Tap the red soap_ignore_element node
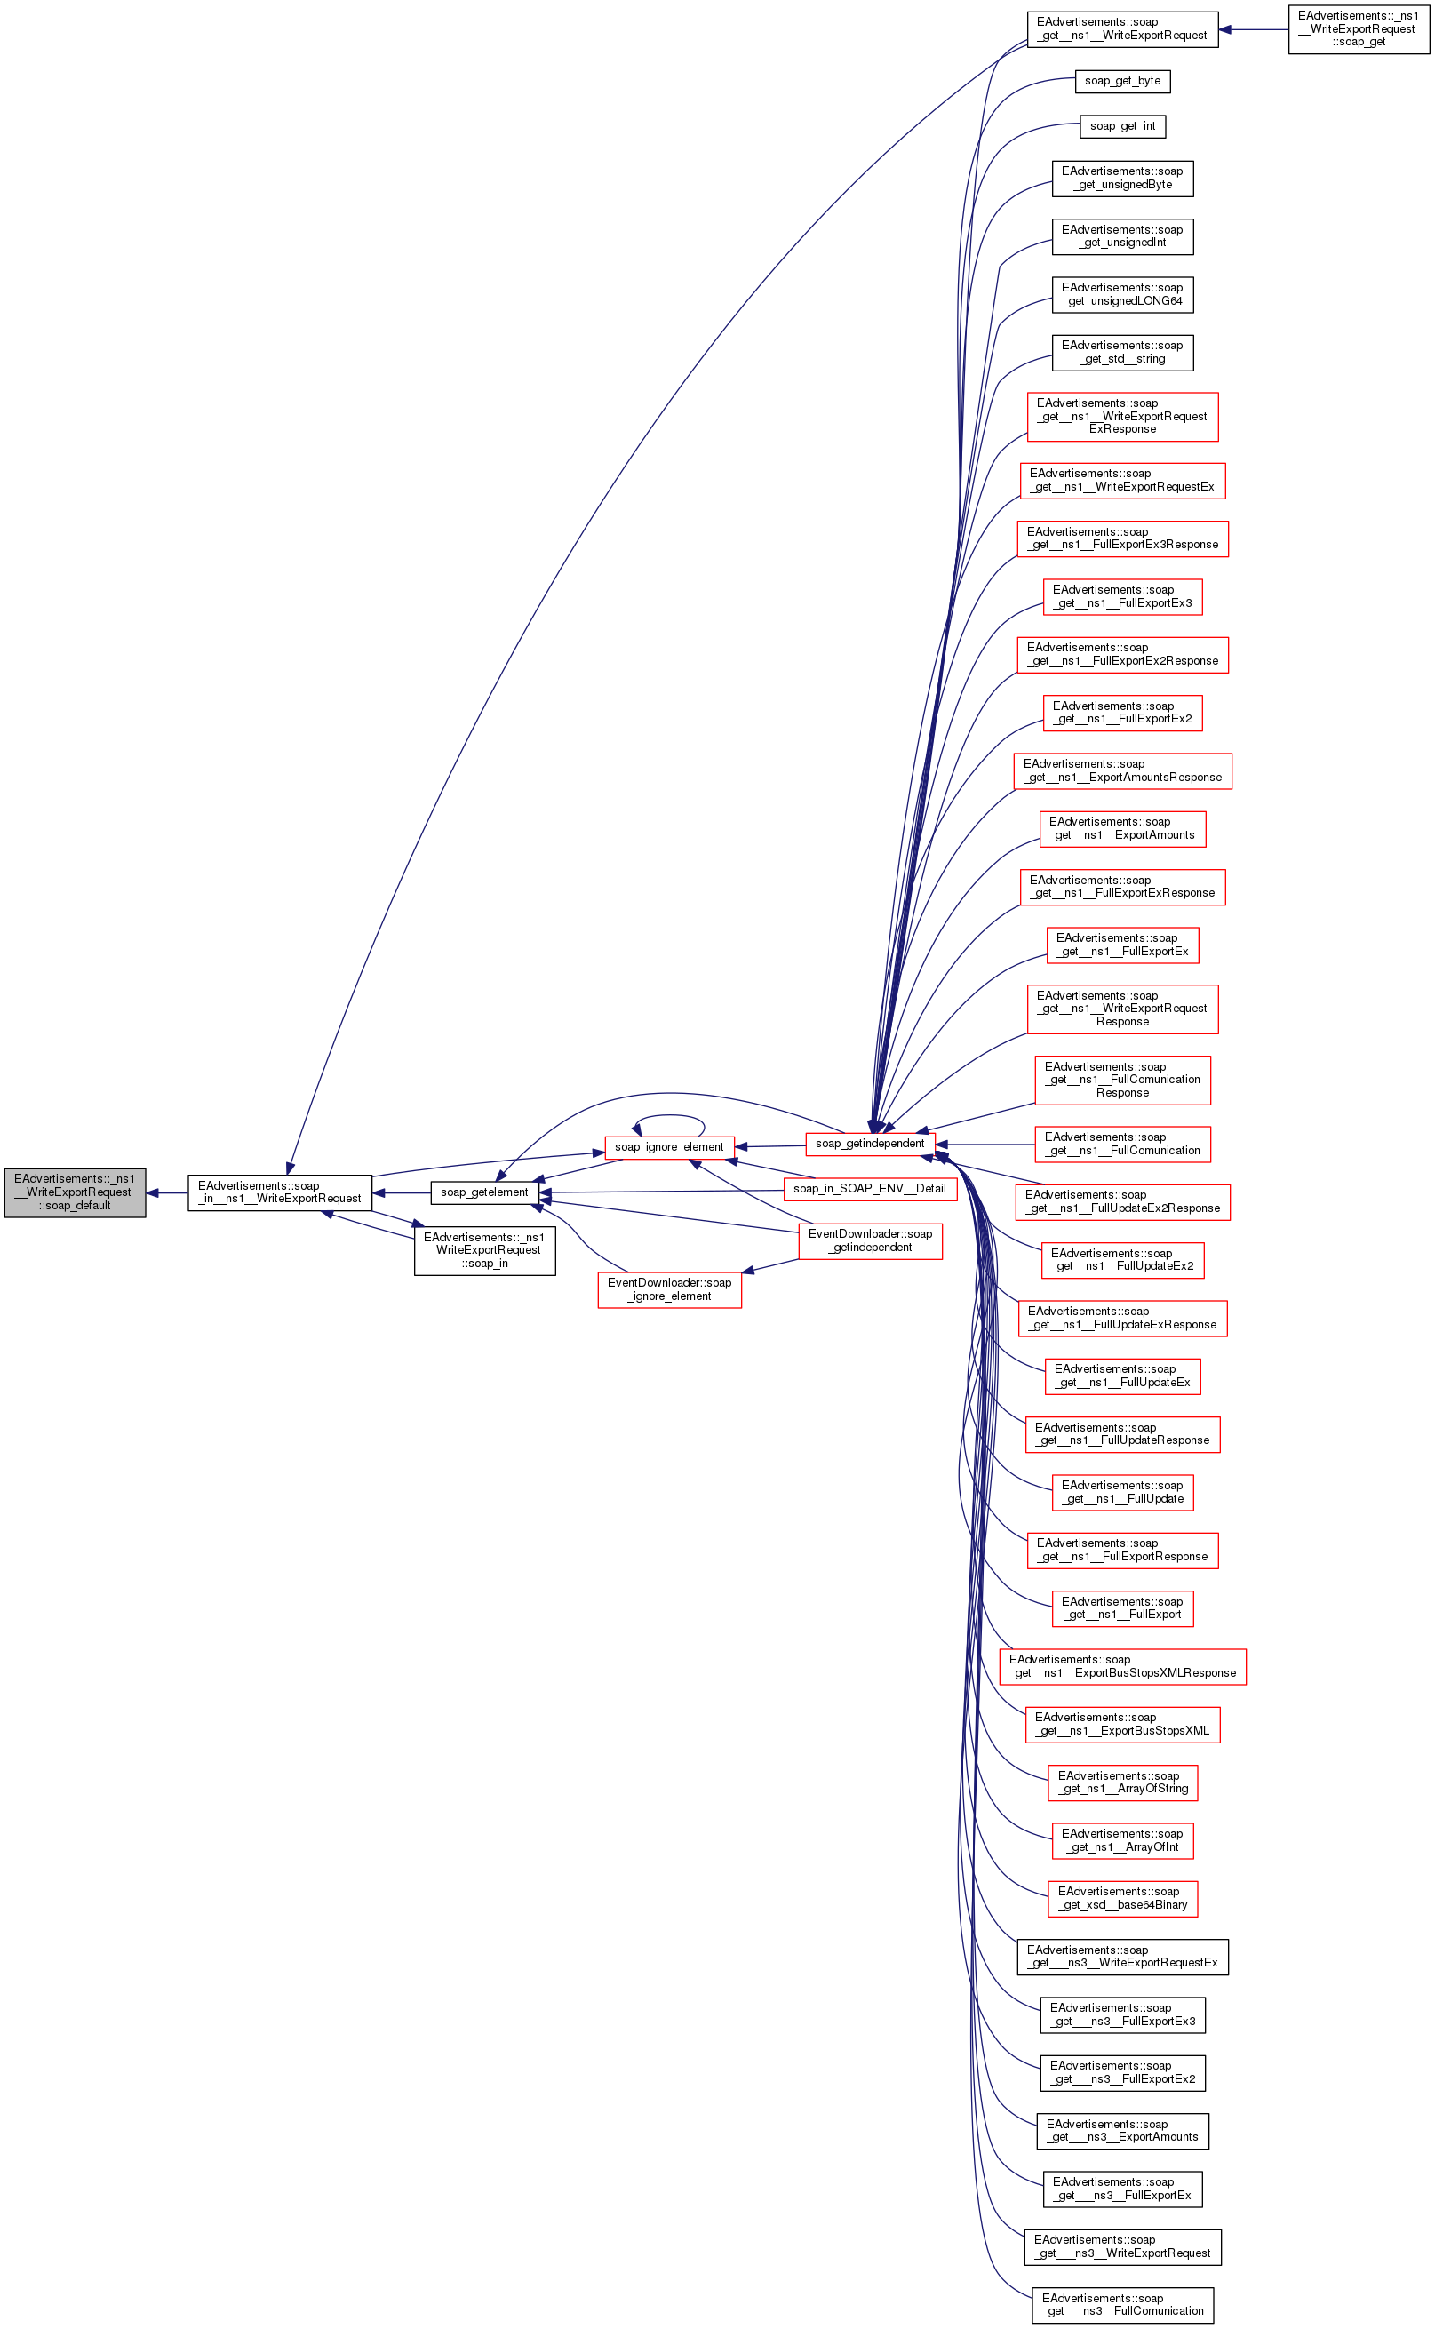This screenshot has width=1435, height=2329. click(x=669, y=1146)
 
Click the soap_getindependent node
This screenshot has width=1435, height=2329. click(x=869, y=1144)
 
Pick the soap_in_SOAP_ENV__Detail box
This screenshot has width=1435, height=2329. click(x=869, y=1188)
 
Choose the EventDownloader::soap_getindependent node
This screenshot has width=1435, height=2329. click(x=870, y=1240)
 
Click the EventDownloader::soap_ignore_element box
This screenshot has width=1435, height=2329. click(x=669, y=1288)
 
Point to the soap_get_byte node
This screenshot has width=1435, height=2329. click(x=1122, y=81)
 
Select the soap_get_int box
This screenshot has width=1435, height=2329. click(x=1122, y=126)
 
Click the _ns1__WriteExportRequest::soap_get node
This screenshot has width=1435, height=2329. click(x=1358, y=28)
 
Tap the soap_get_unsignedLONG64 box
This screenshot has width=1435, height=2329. click(x=1122, y=294)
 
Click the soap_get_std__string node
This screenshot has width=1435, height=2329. click(x=1122, y=352)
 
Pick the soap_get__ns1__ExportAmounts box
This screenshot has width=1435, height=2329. click(x=1122, y=828)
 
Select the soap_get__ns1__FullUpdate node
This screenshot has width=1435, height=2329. click(x=1122, y=1492)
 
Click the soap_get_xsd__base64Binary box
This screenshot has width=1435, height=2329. click(x=1122, y=1898)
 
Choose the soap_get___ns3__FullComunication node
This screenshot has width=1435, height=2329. click(x=1122, y=2304)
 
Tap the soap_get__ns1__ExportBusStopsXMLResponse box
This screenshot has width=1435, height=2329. click(x=1122, y=1665)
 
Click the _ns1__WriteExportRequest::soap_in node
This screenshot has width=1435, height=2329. click(x=484, y=1250)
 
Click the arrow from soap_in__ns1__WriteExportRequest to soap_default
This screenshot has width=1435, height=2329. click(x=167, y=1193)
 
